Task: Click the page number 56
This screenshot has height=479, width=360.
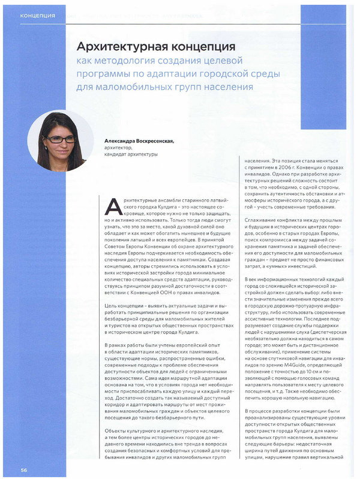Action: [x=25, y=468]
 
